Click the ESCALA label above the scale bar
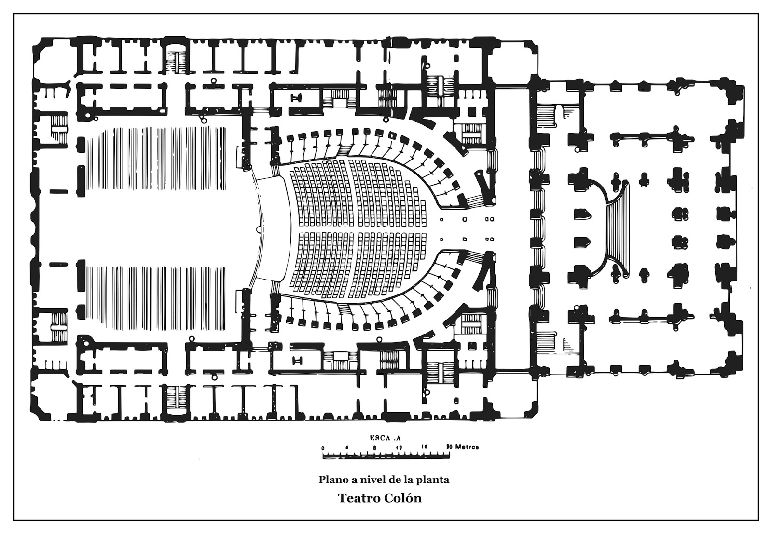click(x=386, y=438)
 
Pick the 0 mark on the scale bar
click(x=323, y=447)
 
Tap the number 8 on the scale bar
click(x=374, y=447)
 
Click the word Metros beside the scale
click(x=467, y=447)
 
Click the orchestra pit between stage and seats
click(x=273, y=227)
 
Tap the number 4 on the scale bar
click(x=346, y=447)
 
